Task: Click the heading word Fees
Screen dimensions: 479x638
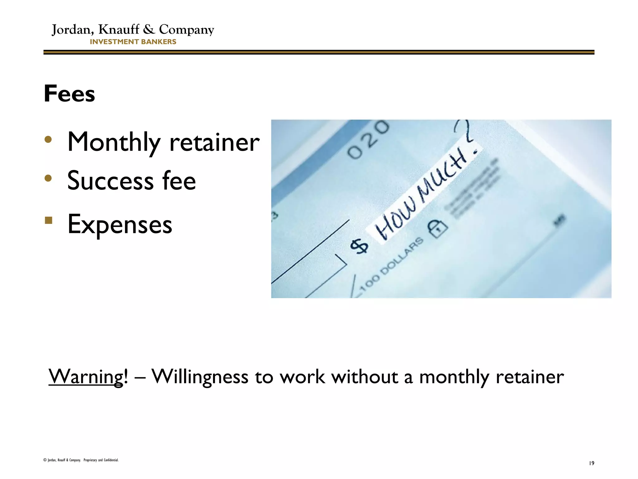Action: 69,94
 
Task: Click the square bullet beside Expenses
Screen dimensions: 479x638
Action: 48,220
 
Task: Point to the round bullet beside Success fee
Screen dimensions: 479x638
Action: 48,178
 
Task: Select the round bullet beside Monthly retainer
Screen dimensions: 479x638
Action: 48,139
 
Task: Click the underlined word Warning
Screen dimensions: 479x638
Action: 86,377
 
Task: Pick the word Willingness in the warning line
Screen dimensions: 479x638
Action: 200,377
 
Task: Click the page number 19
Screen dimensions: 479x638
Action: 591,463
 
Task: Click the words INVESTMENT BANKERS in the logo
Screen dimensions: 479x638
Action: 133,42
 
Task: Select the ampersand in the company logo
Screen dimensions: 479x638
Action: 149,29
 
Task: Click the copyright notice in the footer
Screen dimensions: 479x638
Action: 81,460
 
